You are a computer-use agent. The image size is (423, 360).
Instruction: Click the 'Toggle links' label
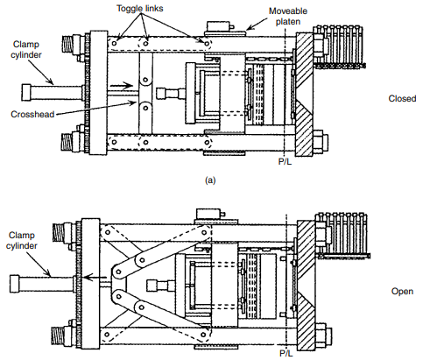tap(140, 8)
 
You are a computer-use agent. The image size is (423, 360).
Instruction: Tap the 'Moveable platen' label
tap(288, 17)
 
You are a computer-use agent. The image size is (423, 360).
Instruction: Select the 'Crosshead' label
tap(32, 114)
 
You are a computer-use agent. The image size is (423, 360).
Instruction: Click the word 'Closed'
tap(402, 98)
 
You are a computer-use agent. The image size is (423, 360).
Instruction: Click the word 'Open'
tap(402, 291)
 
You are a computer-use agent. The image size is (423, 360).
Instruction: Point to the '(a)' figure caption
tap(210, 180)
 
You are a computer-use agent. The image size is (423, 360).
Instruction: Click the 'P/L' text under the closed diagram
tap(285, 161)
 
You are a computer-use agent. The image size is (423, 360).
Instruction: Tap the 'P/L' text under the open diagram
tap(286, 354)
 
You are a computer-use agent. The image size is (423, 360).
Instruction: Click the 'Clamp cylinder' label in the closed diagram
tap(26, 50)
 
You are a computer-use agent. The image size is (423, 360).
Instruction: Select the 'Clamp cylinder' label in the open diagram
tap(22, 240)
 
